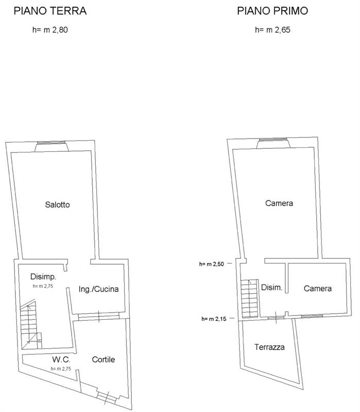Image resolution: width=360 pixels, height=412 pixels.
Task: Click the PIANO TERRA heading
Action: tap(50, 11)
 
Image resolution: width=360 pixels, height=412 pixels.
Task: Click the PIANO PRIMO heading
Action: tap(272, 11)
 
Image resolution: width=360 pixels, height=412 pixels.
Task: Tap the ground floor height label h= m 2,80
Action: tap(50, 30)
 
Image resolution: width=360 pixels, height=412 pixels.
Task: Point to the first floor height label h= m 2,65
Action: tap(272, 30)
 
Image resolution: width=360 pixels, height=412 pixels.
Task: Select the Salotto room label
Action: tap(57, 204)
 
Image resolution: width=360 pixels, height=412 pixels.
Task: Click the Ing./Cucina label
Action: tap(98, 289)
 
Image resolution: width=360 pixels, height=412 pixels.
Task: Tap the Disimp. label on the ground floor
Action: tap(43, 277)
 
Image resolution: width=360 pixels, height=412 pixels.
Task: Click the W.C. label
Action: tap(61, 359)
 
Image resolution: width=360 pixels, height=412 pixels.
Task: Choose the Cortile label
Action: tap(104, 359)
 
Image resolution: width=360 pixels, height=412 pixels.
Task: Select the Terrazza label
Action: tap(269, 347)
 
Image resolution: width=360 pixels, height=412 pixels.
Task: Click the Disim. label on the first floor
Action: tap(272, 287)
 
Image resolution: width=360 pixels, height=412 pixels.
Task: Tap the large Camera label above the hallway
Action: tap(279, 203)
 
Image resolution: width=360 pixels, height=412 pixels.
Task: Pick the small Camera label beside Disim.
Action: tap(317, 288)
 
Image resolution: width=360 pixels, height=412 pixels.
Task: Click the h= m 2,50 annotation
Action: tap(212, 264)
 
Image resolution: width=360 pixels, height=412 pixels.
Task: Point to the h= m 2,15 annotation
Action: tap(214, 319)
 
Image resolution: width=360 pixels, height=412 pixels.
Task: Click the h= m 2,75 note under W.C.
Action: tap(61, 369)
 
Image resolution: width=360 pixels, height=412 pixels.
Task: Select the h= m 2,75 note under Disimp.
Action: tap(43, 286)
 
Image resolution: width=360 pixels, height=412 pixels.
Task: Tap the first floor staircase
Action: tap(250, 299)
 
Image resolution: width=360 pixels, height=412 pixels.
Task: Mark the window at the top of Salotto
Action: tap(52, 143)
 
